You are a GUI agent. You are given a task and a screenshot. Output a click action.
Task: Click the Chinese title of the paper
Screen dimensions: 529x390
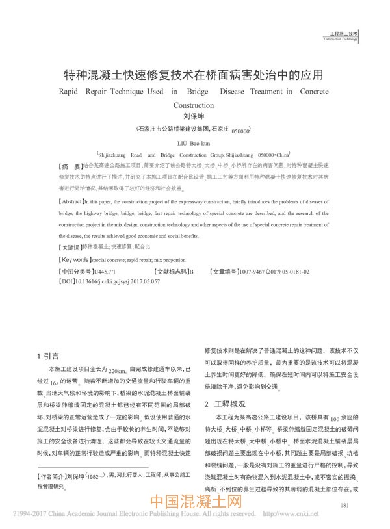click(x=194, y=74)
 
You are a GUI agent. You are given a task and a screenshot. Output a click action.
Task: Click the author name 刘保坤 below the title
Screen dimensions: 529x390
click(x=194, y=118)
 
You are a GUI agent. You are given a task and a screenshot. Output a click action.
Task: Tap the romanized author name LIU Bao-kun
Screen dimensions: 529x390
click(x=194, y=142)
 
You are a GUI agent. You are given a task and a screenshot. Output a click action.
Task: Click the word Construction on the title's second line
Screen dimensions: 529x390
click(x=194, y=105)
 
